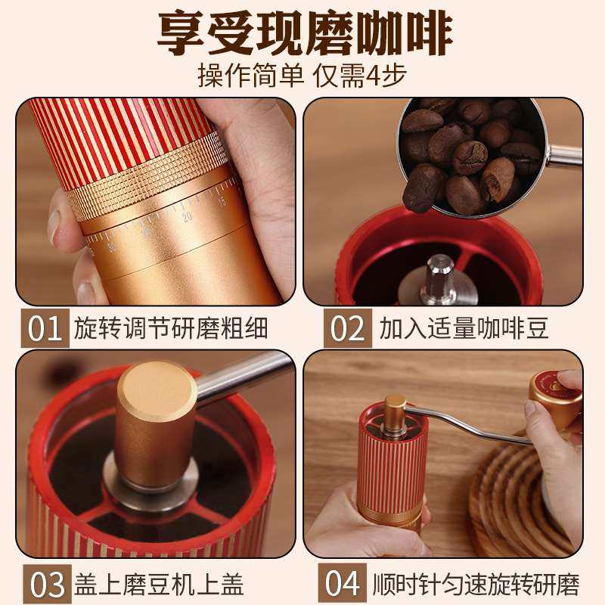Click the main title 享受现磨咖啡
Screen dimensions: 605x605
click(x=302, y=32)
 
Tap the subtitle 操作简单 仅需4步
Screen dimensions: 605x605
click(x=302, y=76)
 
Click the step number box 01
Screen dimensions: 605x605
click(x=46, y=329)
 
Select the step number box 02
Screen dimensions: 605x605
click(x=348, y=329)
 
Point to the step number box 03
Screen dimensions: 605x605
click(x=46, y=585)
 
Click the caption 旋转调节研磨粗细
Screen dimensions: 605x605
click(x=171, y=329)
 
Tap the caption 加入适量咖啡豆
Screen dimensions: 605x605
click(x=464, y=329)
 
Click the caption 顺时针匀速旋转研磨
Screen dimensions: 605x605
click(x=476, y=585)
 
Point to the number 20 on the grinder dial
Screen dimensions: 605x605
click(x=187, y=218)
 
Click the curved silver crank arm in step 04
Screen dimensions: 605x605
click(x=469, y=423)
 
